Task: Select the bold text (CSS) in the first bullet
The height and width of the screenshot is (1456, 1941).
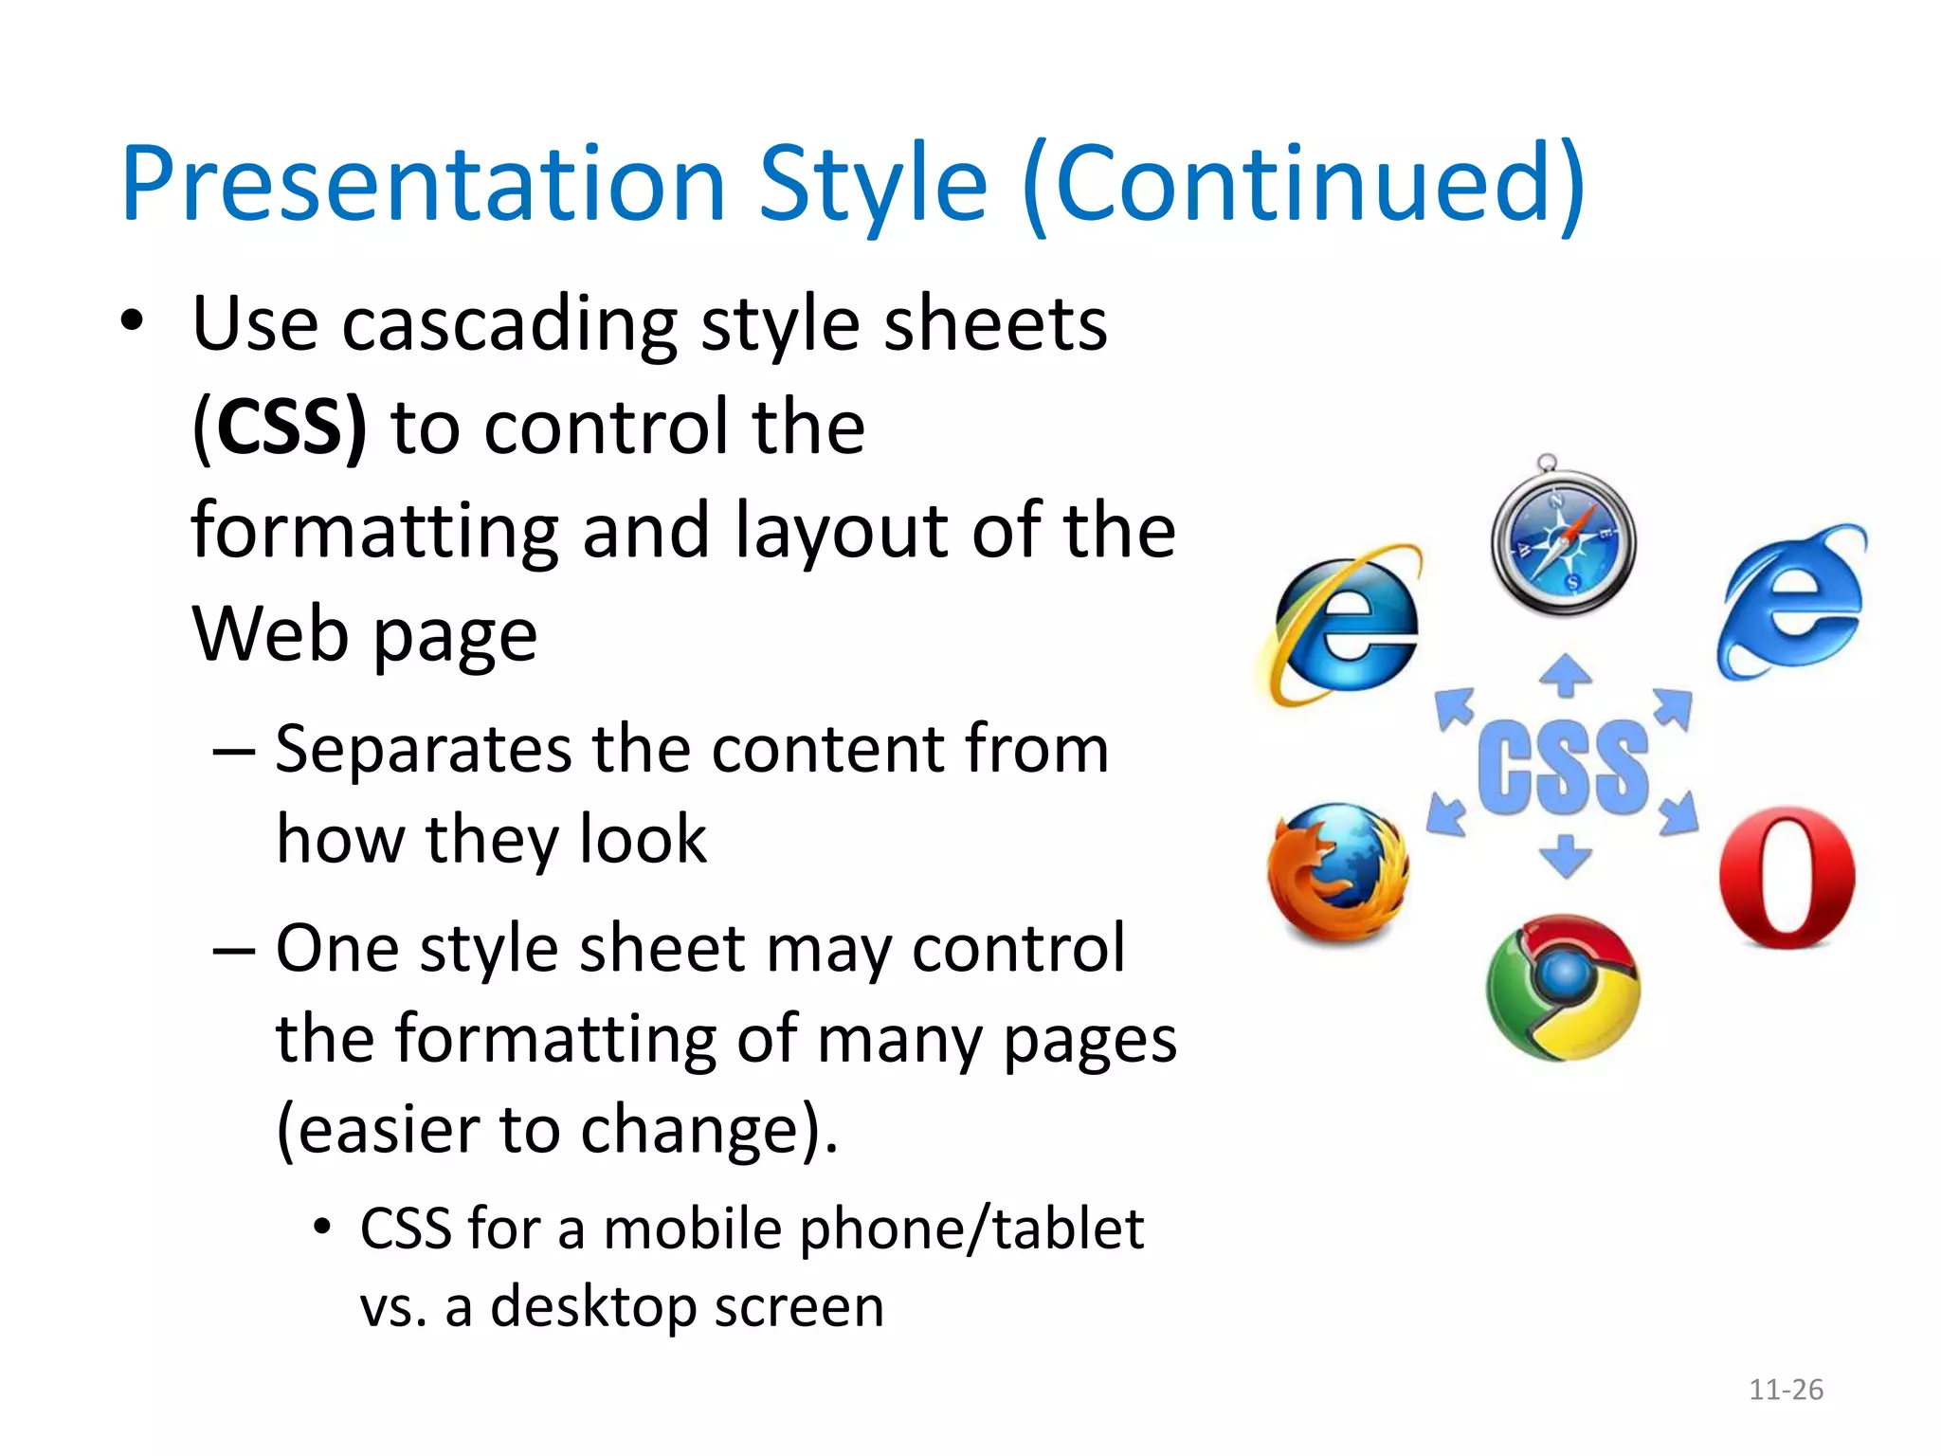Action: (280, 428)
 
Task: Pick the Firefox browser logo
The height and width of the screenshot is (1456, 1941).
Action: (1338, 873)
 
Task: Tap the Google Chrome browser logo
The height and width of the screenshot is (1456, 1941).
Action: (1563, 989)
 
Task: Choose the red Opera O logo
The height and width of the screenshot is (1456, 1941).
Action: (1787, 878)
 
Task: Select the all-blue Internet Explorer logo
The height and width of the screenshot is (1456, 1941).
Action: (1790, 603)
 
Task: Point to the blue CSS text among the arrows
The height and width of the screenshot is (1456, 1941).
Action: (1564, 768)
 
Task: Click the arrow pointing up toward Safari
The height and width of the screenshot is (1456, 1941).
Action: (1565, 675)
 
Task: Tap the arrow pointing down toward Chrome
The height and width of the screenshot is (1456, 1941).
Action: (1565, 855)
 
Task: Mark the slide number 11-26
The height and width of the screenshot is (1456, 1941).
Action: (1786, 1390)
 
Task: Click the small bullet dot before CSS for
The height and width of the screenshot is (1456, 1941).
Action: (322, 1227)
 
